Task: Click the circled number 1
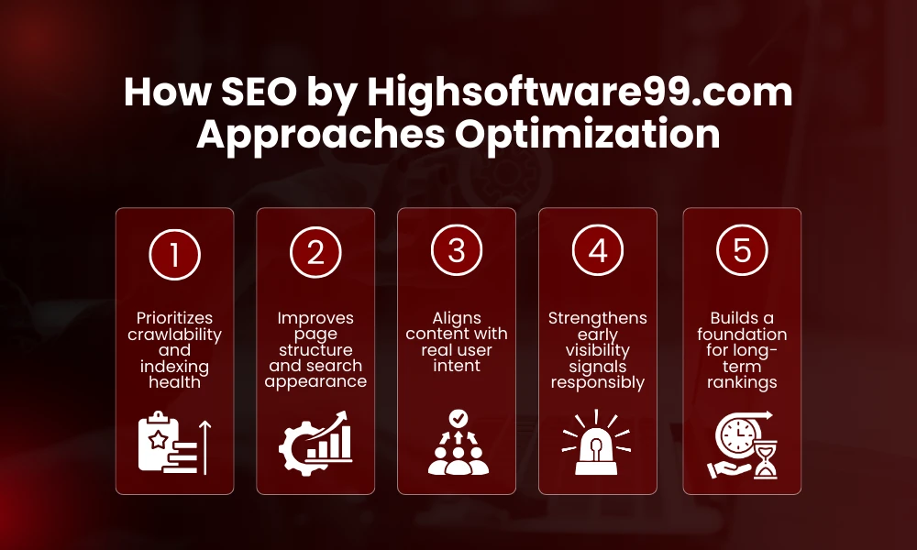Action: click(174, 253)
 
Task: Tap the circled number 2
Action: click(315, 253)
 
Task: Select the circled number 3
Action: click(457, 253)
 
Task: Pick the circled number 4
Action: click(598, 253)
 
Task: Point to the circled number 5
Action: click(742, 253)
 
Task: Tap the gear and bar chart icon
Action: click(315, 445)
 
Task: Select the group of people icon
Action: click(457, 445)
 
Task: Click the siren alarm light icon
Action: click(598, 445)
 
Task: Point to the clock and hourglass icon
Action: click(742, 445)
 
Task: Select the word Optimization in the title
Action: click(589, 134)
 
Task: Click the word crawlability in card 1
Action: click(174, 335)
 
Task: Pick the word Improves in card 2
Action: click(315, 319)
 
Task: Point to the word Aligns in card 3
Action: click(457, 317)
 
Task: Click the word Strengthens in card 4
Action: click(598, 319)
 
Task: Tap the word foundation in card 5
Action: click(742, 335)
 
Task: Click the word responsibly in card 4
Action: click(598, 381)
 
